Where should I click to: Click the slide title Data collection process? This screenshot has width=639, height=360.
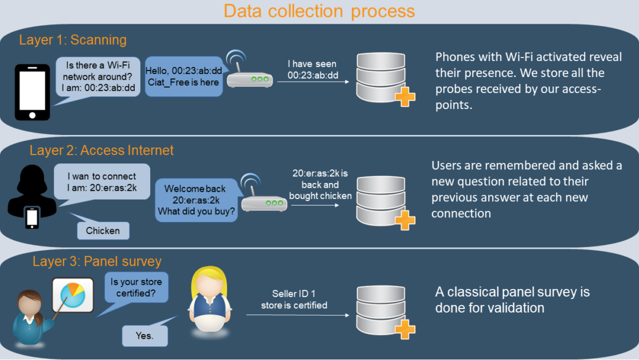pyautogui.click(x=319, y=11)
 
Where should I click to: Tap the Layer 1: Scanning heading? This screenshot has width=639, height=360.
pyautogui.click(x=73, y=40)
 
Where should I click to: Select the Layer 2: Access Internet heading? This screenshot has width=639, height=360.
pyautogui.click(x=102, y=150)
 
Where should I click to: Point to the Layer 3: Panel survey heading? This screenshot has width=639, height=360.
pyautogui.click(x=97, y=262)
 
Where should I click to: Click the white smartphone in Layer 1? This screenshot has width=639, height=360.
pyautogui.click(x=33, y=91)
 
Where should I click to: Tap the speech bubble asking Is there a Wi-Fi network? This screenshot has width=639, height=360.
pyautogui.click(x=98, y=77)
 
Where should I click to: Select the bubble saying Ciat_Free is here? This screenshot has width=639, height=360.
pyautogui.click(x=183, y=77)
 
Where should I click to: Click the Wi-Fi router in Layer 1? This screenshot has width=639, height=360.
pyautogui.click(x=249, y=73)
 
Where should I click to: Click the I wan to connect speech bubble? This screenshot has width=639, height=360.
pyautogui.click(x=102, y=182)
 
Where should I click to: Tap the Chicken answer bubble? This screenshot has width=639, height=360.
pyautogui.click(x=103, y=231)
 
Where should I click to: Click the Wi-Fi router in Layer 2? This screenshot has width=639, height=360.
pyautogui.click(x=260, y=197)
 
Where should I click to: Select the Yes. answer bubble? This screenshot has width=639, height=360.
pyautogui.click(x=144, y=336)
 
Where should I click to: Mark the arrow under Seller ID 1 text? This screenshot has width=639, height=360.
pyautogui.click(x=296, y=315)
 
